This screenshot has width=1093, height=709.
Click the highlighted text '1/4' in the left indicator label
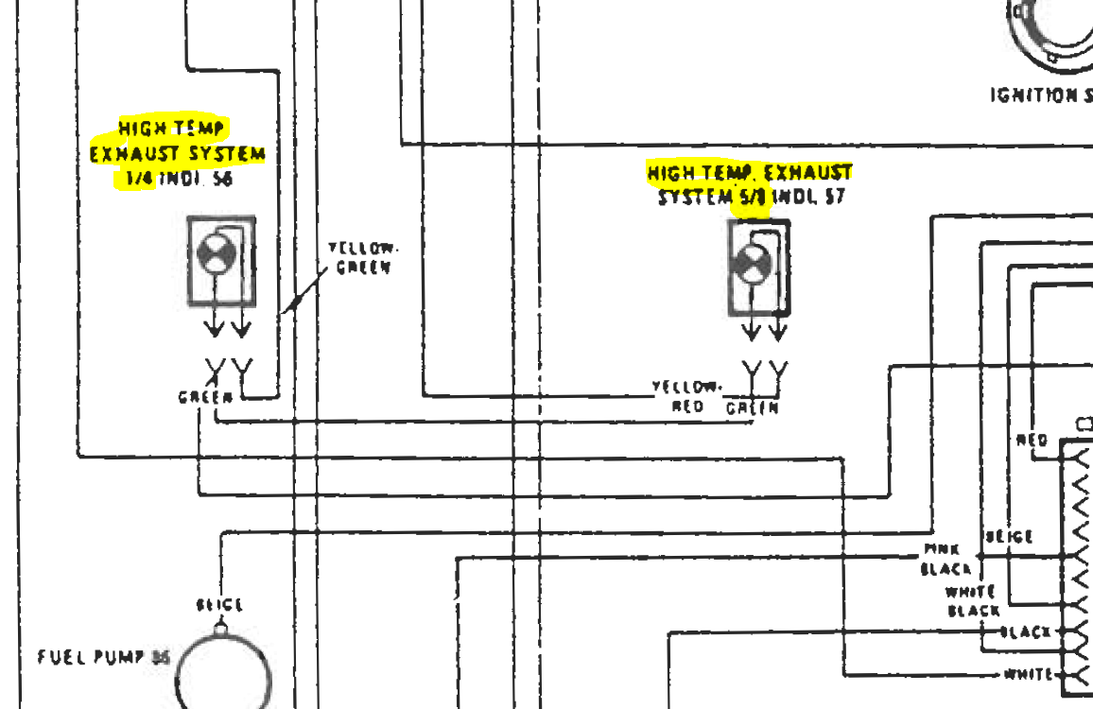(139, 179)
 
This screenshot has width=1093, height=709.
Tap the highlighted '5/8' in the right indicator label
(748, 198)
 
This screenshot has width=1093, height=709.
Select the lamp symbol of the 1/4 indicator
(214, 255)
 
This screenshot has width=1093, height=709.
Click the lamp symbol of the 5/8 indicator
(752, 265)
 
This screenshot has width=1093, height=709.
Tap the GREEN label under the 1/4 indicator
(205, 398)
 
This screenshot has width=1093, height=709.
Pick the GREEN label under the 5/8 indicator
(753, 408)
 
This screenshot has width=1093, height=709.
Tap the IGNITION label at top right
(1040, 95)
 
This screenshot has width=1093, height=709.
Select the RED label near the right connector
(1032, 440)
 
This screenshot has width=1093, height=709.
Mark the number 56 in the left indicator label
(222, 179)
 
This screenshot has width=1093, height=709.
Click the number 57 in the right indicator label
(833, 198)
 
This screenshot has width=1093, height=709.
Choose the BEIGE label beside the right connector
(1009, 537)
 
